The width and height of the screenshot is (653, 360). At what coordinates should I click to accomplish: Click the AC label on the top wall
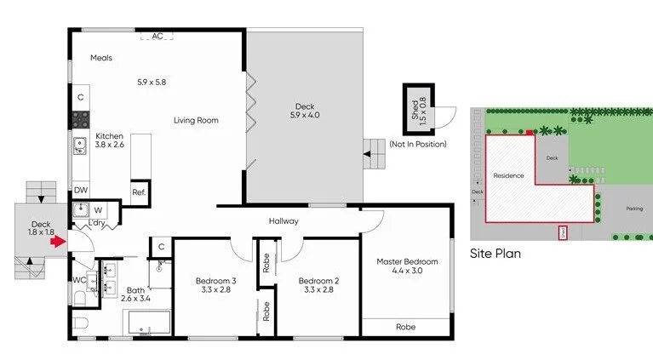[158, 37]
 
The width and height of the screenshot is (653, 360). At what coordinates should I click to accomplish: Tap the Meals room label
[102, 58]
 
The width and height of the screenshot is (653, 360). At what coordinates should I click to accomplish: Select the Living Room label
[196, 120]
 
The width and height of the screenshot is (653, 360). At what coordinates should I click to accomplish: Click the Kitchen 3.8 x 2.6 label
[109, 140]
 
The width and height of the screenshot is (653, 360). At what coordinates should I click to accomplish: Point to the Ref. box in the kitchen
[139, 191]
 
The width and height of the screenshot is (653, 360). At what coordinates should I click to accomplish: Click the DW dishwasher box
[80, 191]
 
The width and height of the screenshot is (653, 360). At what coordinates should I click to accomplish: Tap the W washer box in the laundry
[98, 209]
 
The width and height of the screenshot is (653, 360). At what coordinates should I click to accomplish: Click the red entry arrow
[57, 242]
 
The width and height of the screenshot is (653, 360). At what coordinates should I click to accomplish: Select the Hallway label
[284, 221]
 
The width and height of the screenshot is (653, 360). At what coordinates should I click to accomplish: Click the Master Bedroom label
[407, 266]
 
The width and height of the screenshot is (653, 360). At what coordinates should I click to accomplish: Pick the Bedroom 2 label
[319, 285]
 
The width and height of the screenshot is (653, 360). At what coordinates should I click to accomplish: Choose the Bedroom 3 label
[215, 285]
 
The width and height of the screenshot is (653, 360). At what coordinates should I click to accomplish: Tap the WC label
[78, 279]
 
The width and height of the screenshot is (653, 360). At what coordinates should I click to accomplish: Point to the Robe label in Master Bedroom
[406, 327]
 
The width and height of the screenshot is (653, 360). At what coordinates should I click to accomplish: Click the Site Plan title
[495, 254]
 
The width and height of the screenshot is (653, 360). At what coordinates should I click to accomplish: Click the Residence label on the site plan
[508, 176]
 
